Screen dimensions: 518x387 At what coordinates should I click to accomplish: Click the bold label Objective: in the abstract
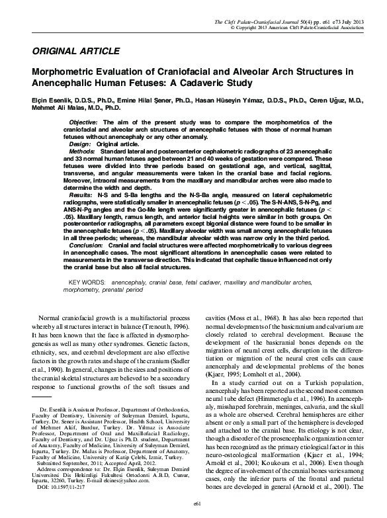point(84,123)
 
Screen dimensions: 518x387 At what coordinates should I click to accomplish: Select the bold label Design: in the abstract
point(79,144)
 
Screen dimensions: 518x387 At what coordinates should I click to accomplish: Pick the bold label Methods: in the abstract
point(82,151)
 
